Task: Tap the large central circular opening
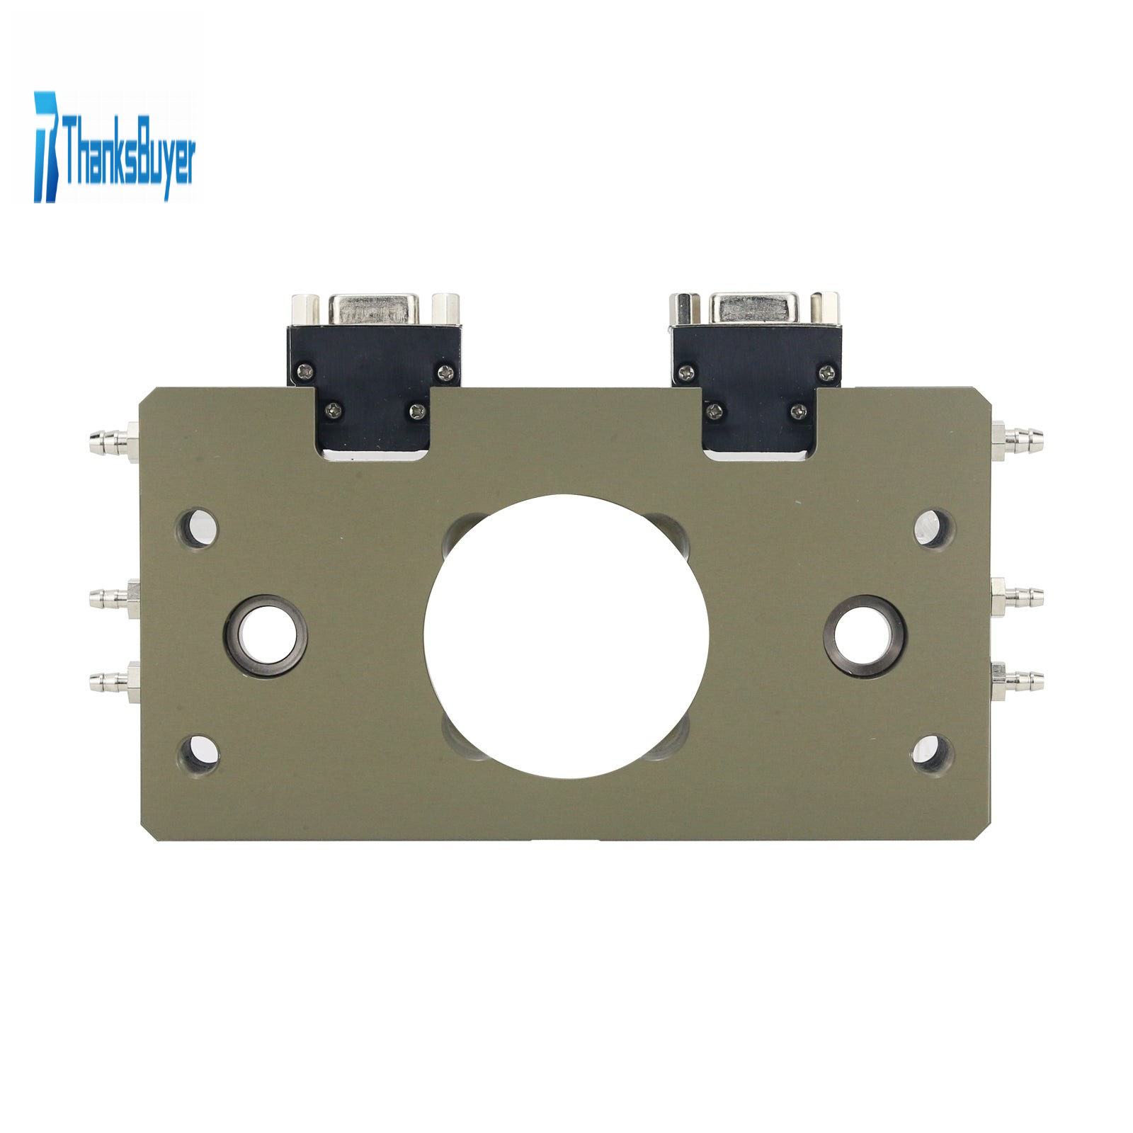(566, 636)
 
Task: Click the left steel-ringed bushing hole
(266, 636)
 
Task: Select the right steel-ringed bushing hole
(865, 636)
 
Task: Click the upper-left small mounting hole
(197, 528)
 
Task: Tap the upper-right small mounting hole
(934, 528)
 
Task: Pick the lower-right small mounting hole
(933, 753)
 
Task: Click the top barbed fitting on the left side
(114, 442)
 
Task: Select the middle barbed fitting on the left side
(114, 598)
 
